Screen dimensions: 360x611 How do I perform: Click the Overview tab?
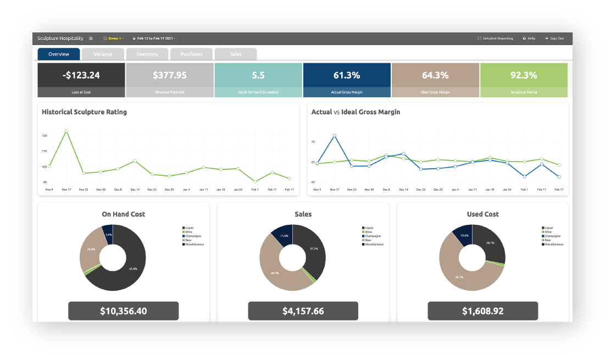point(59,54)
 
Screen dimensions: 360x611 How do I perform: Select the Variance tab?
point(103,54)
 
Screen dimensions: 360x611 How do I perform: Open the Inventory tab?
point(147,54)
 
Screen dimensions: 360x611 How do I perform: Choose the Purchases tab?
point(191,54)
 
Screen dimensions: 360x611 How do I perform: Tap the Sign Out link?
point(554,38)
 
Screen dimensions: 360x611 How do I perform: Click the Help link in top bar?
point(529,38)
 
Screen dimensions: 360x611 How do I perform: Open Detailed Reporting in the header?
point(496,38)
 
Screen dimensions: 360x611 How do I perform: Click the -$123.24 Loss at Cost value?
point(81,75)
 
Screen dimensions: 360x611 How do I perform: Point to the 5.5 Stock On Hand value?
point(258,75)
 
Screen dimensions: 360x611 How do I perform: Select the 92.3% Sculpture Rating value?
point(524,75)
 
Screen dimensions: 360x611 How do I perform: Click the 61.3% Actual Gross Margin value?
point(347,75)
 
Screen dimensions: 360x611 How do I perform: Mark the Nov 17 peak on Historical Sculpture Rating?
point(66,131)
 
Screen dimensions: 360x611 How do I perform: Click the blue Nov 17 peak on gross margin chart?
point(334,135)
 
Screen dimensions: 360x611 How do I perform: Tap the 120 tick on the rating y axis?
point(44,135)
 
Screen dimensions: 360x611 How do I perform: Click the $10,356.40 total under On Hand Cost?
point(124,311)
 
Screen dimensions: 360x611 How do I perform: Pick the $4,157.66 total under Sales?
point(303,311)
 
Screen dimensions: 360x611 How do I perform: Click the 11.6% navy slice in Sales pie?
point(283,235)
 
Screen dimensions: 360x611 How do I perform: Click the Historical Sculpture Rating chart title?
point(85,112)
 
